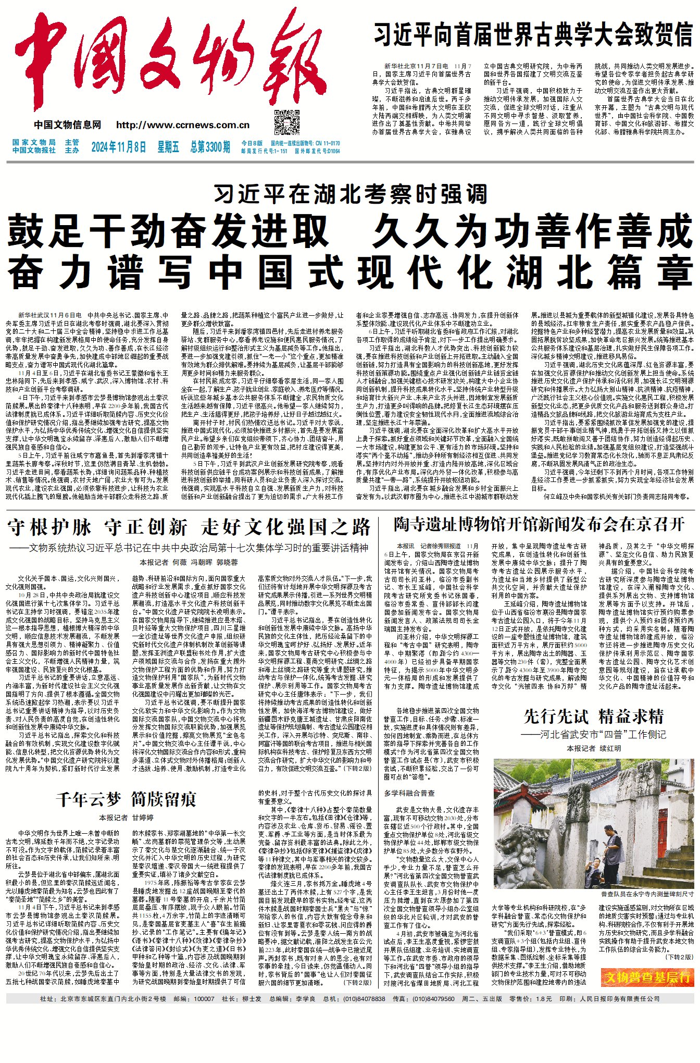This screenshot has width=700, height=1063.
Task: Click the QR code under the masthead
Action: pos(286,123)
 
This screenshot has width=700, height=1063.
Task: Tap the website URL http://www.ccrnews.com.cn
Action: pos(183,125)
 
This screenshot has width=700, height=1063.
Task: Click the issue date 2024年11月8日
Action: pos(118,147)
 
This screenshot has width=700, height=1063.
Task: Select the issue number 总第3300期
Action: pos(210,147)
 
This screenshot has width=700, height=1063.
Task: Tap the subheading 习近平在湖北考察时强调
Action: pos(350,194)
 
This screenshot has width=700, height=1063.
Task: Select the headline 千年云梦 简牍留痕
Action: pos(126,799)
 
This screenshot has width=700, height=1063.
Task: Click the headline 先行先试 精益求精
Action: pos(594,717)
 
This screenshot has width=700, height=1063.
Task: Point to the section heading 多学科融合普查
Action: pos(409,793)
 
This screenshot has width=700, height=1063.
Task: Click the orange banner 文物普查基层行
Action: pos(647,978)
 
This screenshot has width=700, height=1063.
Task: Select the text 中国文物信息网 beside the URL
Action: pos(68,125)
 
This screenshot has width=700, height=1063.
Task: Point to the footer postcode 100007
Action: pos(204,999)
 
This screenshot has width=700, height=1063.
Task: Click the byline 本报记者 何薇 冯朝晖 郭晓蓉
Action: pos(189,563)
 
